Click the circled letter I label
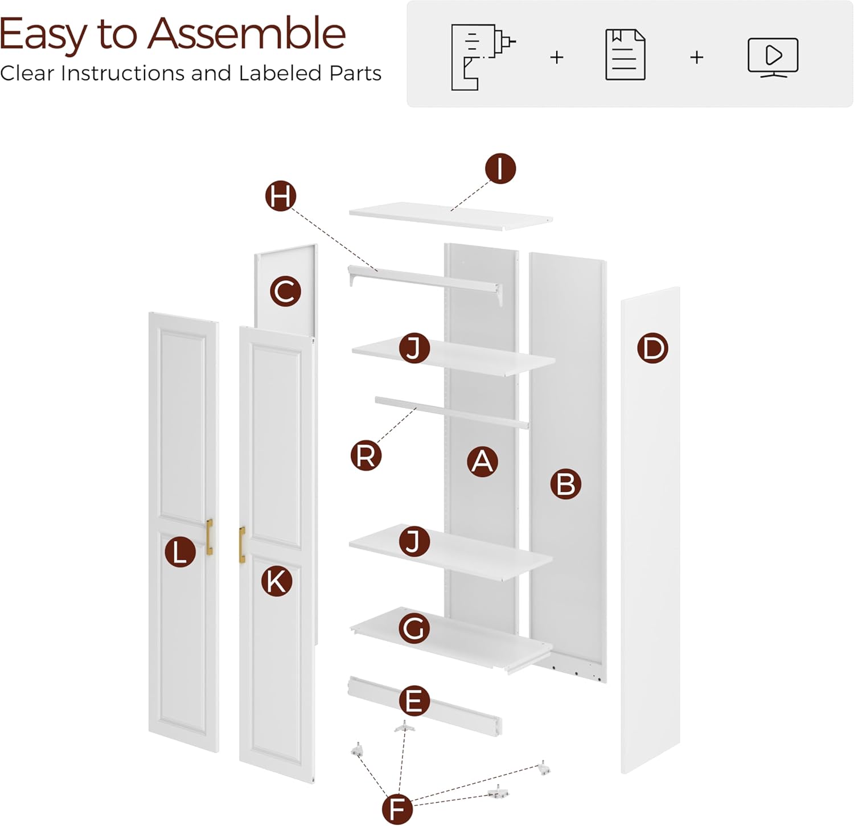(x=500, y=169)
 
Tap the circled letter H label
(x=281, y=196)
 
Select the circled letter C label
(x=285, y=291)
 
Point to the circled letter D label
(x=652, y=348)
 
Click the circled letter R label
(x=366, y=455)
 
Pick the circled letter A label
(x=482, y=461)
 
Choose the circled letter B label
(x=565, y=484)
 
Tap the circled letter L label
(x=180, y=552)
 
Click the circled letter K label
(x=277, y=581)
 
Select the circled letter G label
(x=414, y=628)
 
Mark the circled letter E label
(x=414, y=701)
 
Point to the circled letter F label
(x=397, y=808)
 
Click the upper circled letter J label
(x=414, y=348)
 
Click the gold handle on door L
(x=210, y=537)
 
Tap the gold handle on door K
(x=242, y=545)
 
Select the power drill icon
(x=482, y=56)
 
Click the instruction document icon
(x=625, y=55)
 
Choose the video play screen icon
(x=773, y=57)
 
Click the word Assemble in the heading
(x=247, y=34)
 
